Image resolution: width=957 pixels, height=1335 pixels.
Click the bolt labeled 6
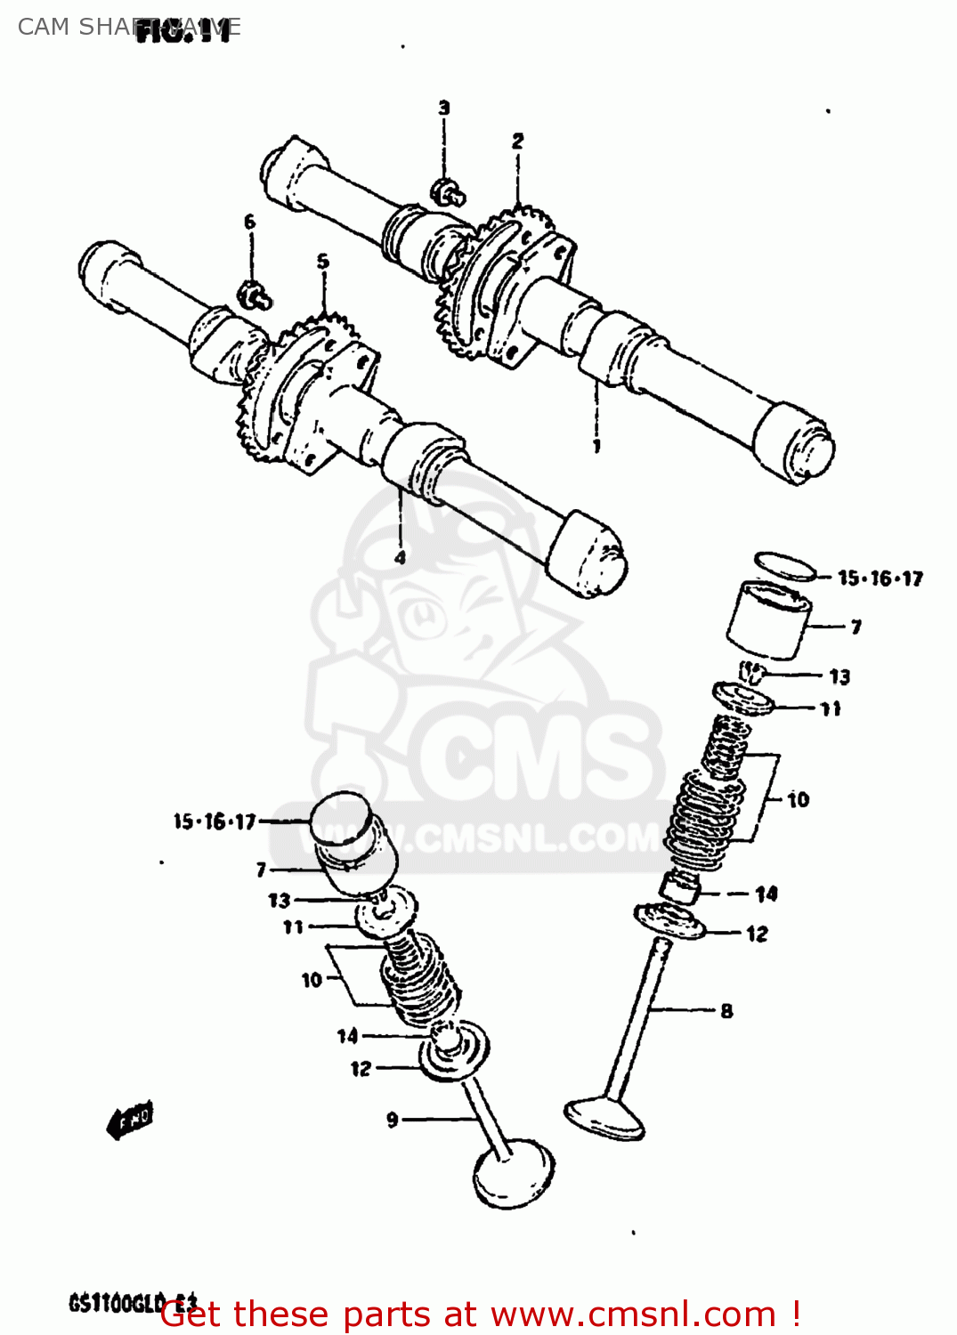(254, 295)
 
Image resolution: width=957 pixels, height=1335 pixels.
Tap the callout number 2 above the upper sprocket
(518, 141)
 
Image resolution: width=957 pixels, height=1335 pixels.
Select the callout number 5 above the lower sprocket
(322, 261)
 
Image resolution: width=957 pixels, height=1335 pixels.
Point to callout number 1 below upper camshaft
(596, 446)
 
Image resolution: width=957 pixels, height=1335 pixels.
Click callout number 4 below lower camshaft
(400, 557)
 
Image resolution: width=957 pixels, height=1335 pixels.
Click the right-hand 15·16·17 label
(880, 578)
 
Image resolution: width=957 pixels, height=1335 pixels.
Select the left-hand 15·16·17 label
(215, 821)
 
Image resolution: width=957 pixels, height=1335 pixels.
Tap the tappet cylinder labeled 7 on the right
(768, 620)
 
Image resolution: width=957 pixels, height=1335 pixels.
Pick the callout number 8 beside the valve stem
(726, 1010)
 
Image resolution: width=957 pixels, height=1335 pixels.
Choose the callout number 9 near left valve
(393, 1120)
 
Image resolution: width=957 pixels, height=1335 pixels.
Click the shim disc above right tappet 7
(784, 566)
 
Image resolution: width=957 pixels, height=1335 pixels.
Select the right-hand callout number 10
(798, 799)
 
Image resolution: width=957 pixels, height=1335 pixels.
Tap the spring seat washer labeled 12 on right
(669, 922)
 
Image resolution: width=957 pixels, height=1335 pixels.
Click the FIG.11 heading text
(185, 32)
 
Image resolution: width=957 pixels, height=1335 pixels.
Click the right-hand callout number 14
(766, 894)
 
